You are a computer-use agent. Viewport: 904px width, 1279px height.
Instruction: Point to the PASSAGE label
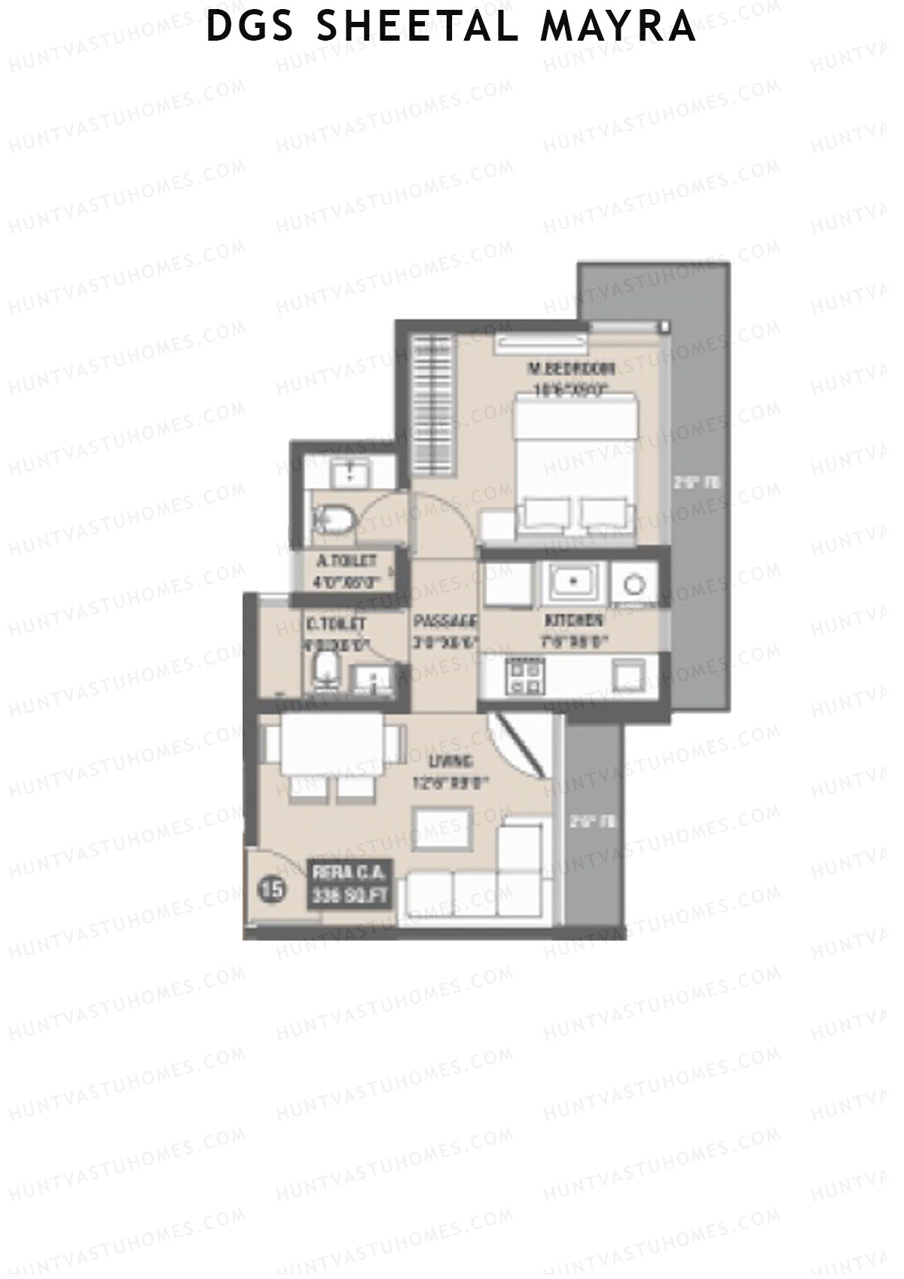click(x=445, y=622)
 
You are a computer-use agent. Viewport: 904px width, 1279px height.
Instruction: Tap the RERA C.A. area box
click(x=349, y=886)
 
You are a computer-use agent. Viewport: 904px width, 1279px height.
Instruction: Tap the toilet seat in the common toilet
click(x=325, y=671)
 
